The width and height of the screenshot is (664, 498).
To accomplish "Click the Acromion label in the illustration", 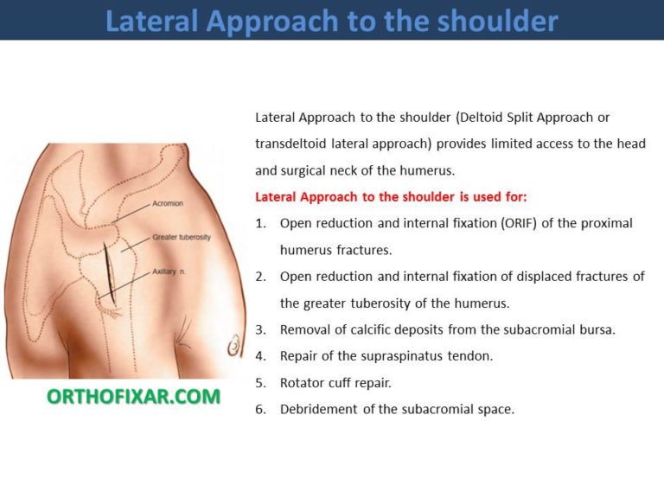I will point(168,203).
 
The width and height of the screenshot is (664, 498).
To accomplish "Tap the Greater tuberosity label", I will point(182,237).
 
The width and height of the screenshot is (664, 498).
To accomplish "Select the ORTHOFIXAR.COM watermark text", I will point(133,397).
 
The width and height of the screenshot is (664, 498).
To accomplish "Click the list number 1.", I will point(260,223).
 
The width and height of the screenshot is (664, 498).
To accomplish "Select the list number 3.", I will point(260,329).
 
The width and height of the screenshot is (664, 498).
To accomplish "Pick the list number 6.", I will point(260,409).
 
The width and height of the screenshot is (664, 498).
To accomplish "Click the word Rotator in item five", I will point(302,382).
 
